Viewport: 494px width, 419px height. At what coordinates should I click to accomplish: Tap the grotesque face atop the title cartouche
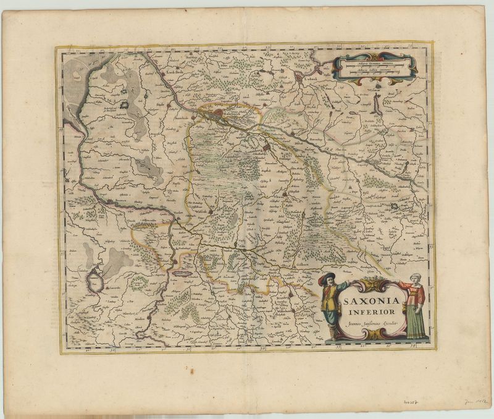(x=371, y=283)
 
